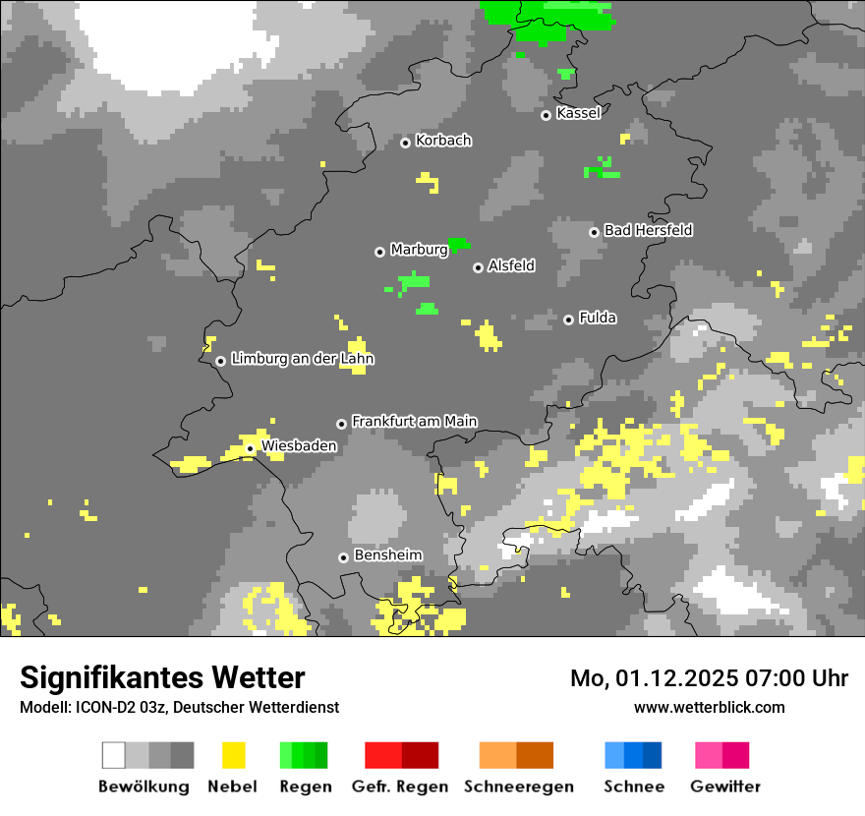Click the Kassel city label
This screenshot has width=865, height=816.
tap(578, 113)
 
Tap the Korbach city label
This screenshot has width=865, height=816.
tap(443, 141)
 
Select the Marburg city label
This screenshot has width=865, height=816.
tap(419, 250)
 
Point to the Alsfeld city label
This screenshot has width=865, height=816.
tap(511, 265)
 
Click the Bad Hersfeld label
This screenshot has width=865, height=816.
tap(648, 230)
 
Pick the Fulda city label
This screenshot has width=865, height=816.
tap(598, 318)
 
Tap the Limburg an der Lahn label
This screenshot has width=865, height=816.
tap(302, 359)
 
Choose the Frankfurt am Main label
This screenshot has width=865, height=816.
tap(414, 422)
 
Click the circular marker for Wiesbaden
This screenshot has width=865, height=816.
tap(251, 448)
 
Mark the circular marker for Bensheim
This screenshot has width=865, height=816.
tap(343, 557)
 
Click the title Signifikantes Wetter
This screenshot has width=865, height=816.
tap(162, 677)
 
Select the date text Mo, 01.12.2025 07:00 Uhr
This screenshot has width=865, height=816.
tap(709, 678)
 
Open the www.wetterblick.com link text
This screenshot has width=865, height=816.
tap(709, 707)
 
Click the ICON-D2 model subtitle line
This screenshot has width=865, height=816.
tap(179, 707)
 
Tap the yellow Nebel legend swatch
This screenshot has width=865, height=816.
tap(233, 755)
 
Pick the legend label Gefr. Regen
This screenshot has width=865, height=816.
tap(400, 787)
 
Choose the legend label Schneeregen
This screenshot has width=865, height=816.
tap(518, 787)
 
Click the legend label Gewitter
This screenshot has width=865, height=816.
tap(724, 787)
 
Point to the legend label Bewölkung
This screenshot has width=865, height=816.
tap(144, 787)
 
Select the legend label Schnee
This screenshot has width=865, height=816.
tap(633, 787)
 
